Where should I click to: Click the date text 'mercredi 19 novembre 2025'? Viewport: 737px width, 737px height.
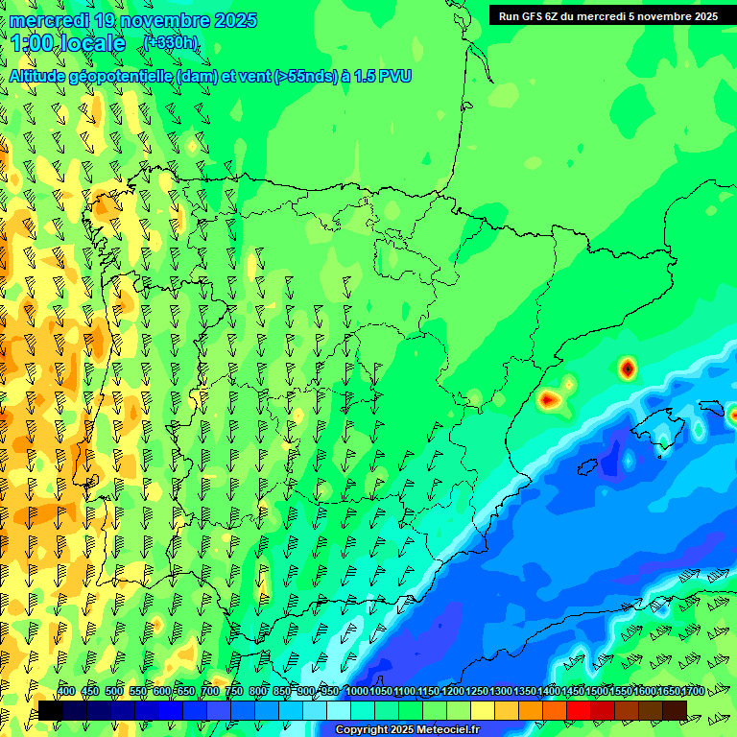[132, 20]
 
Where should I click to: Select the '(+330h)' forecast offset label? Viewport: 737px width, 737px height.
[172, 42]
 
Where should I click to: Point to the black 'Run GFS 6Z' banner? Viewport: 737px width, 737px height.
[608, 16]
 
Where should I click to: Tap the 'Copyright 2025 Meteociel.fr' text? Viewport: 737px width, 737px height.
[407, 730]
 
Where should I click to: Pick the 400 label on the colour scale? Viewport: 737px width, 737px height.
[66, 691]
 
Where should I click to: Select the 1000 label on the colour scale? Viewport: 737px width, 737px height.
[356, 691]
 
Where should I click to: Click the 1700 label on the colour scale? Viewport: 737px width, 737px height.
[692, 691]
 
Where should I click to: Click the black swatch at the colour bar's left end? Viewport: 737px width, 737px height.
[51, 710]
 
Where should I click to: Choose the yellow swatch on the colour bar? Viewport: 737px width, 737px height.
[483, 710]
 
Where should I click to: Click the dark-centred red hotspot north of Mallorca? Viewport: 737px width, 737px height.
[627, 368]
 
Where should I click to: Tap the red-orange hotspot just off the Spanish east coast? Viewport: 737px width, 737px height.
[550, 399]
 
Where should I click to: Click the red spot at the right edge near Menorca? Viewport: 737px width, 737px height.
[733, 416]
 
